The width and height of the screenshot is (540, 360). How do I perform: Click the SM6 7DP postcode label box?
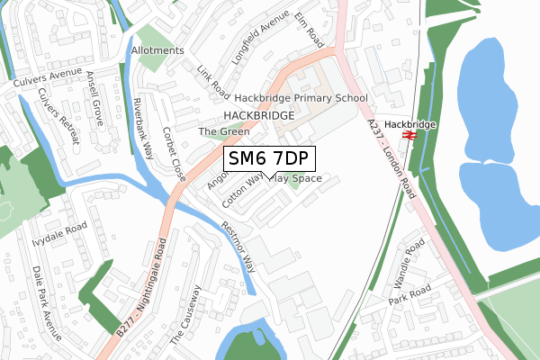click(269, 159)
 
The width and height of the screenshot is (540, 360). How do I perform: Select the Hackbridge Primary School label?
click(301, 98)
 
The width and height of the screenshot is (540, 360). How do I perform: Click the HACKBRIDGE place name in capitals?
click(258, 116)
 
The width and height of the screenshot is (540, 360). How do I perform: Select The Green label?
click(224, 131)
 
